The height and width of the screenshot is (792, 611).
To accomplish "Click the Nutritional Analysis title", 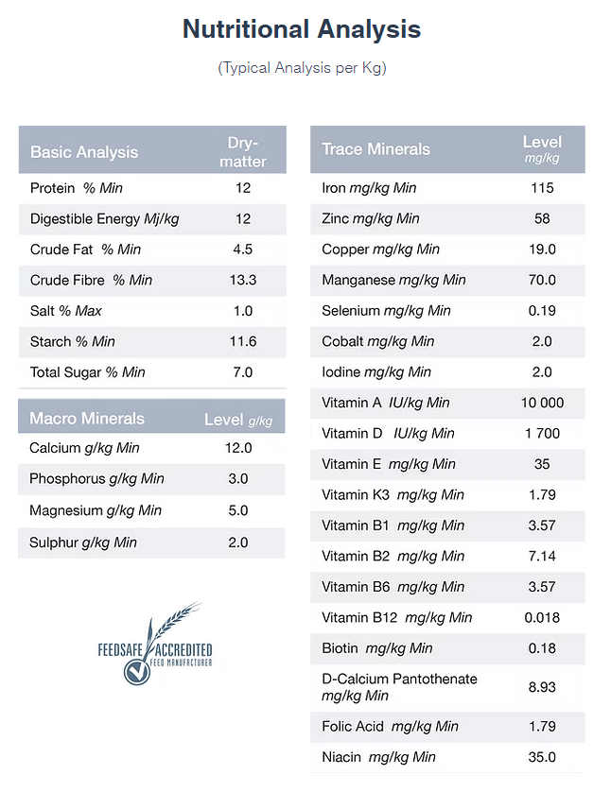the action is [x=302, y=28].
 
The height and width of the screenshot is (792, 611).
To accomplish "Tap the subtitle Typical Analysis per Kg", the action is [x=303, y=68].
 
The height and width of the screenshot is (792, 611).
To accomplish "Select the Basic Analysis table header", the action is [x=84, y=152].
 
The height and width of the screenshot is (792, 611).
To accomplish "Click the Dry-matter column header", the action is [x=242, y=151].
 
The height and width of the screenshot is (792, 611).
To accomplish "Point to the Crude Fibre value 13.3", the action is [x=243, y=280].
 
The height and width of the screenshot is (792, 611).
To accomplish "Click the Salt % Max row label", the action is [x=65, y=311].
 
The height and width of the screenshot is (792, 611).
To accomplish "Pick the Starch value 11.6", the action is [x=243, y=341].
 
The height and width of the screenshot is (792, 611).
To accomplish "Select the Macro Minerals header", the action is [x=87, y=419].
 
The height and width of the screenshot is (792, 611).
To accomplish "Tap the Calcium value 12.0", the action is [x=238, y=448].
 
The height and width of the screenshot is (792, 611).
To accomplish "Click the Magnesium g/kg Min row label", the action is [x=96, y=510].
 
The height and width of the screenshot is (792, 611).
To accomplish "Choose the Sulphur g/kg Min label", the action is [x=83, y=542].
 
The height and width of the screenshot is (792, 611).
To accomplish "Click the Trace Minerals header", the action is [x=376, y=149].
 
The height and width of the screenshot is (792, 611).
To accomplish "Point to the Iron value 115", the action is [x=542, y=188].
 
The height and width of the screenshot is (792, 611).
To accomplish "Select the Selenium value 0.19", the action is [x=542, y=311].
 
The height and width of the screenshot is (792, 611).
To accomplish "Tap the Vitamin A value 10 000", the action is [x=542, y=403].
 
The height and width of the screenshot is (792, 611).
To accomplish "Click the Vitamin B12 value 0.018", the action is [x=542, y=617].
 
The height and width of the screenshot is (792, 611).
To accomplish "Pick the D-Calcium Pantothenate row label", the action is [x=399, y=687].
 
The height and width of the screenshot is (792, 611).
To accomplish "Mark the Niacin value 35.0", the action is [x=542, y=757].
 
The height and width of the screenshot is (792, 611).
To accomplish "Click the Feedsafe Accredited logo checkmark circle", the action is [x=136, y=672].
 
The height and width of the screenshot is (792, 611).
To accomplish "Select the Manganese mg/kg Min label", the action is [x=393, y=280].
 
